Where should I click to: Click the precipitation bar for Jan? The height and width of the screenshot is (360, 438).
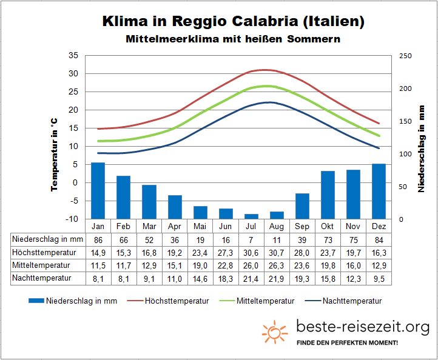(x=98, y=190)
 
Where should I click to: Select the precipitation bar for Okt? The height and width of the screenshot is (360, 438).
(x=328, y=195)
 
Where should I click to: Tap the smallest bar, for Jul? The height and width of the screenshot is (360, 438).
(x=251, y=216)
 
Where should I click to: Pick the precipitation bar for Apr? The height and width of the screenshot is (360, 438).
(x=175, y=207)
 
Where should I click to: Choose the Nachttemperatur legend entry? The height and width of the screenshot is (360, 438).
(x=345, y=301)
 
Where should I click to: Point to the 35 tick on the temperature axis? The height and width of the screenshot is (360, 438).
(x=74, y=55)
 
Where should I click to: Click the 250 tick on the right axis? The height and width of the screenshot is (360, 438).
(x=405, y=56)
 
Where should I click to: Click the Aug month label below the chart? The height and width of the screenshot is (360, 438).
(x=277, y=226)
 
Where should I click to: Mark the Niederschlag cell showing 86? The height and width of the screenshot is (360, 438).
(x=98, y=239)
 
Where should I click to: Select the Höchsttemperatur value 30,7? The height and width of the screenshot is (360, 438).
(x=277, y=252)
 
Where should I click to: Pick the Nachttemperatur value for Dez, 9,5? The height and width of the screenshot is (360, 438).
(x=379, y=278)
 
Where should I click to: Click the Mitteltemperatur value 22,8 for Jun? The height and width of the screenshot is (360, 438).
(x=226, y=265)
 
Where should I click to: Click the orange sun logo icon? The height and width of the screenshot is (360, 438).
(x=274, y=332)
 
